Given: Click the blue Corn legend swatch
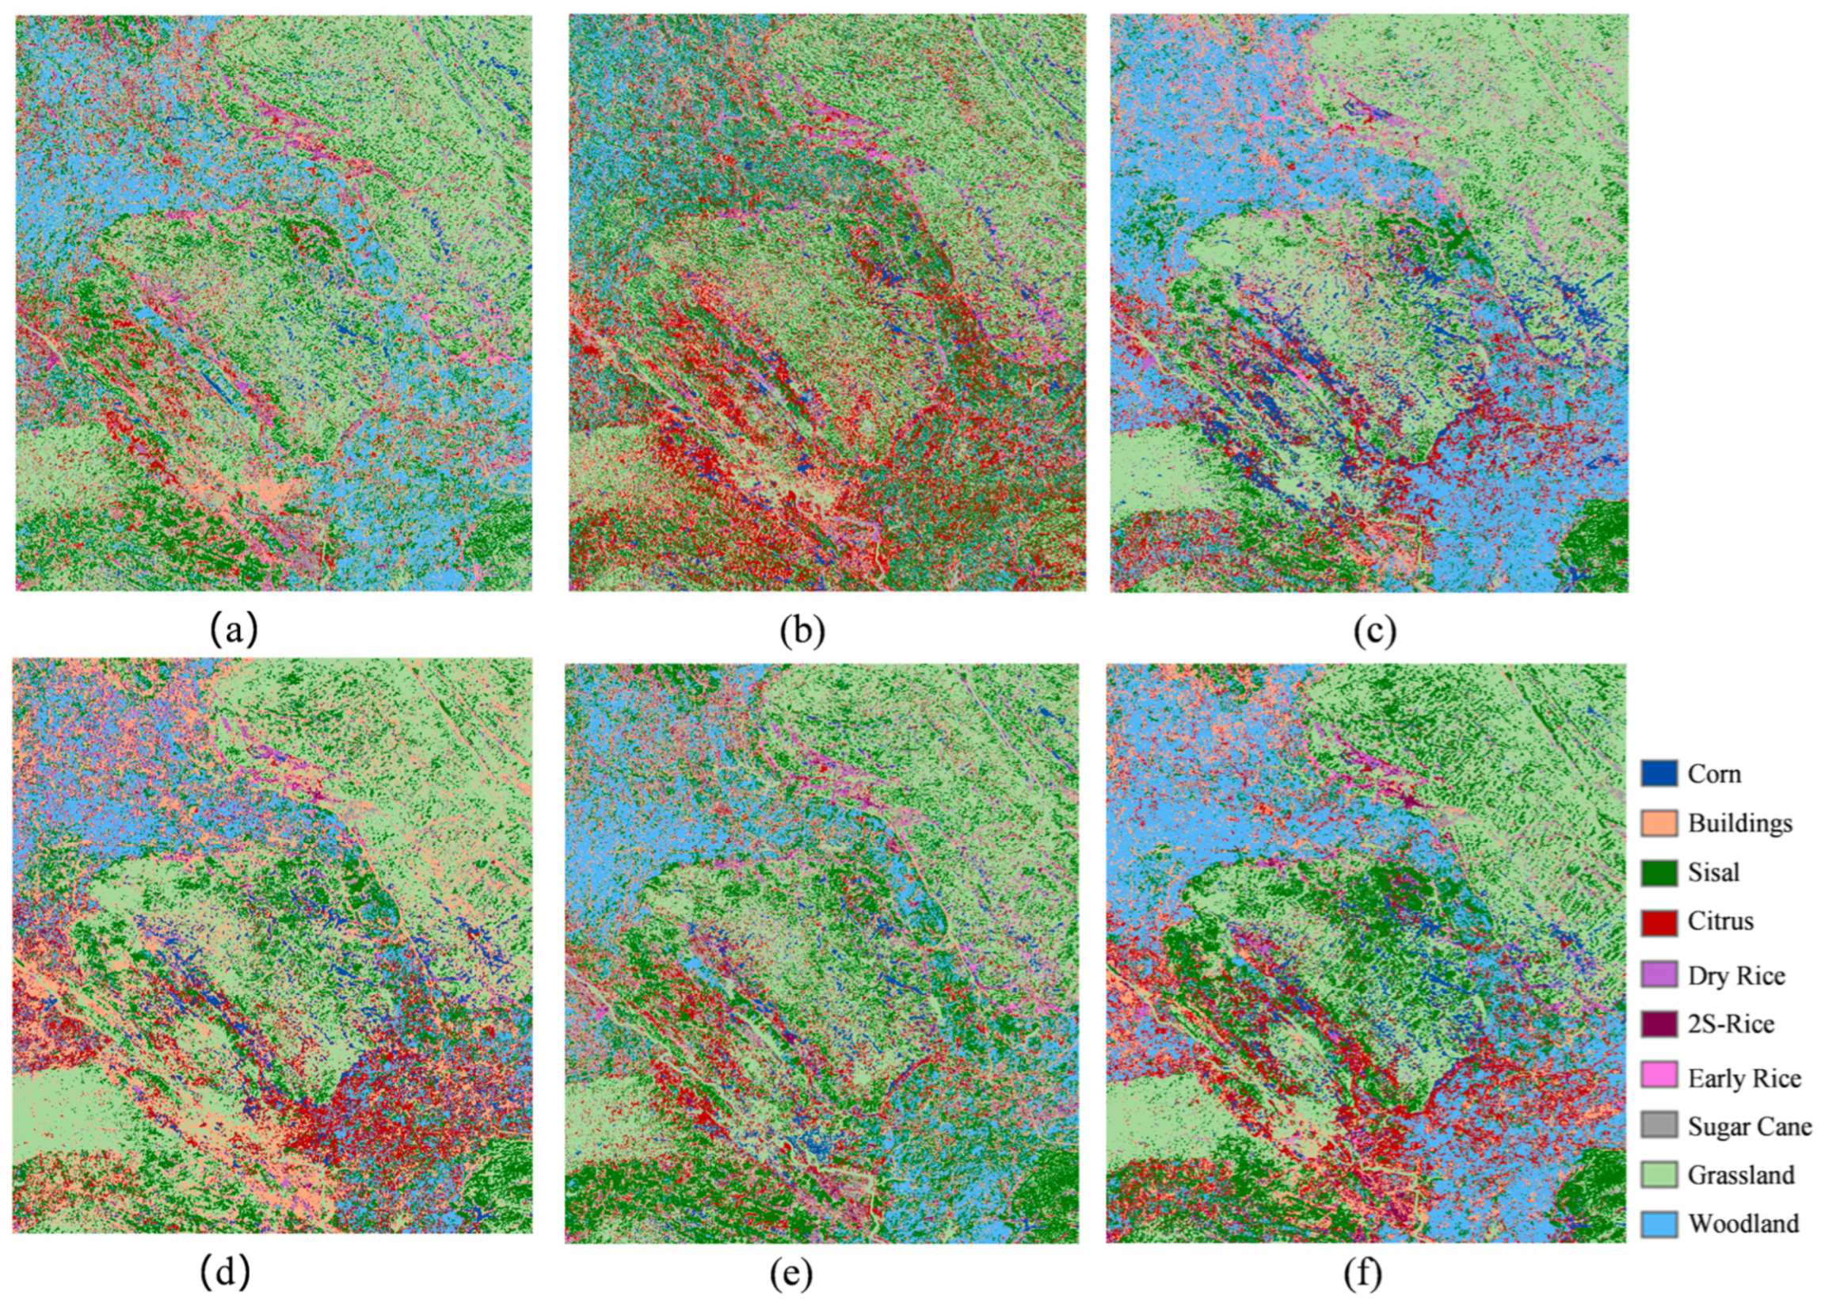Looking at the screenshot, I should [x=1659, y=774].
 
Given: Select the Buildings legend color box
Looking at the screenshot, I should [x=1659, y=823].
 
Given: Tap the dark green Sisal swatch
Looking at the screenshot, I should [x=1659, y=871].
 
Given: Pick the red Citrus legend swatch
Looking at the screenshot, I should [x=1659, y=921].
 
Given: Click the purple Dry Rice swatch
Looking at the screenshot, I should [x=1659, y=976].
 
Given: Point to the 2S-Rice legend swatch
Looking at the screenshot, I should [x=1659, y=1024].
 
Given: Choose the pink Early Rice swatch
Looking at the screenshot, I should [x=1659, y=1077].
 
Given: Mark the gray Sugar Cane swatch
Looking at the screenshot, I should [x=1659, y=1127].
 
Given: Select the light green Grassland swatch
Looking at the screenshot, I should [x=1659, y=1175].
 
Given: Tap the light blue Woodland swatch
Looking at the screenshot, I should [x=1659, y=1223].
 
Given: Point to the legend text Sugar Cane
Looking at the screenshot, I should [x=1750, y=1127].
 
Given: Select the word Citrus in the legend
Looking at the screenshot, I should [x=1721, y=921].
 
